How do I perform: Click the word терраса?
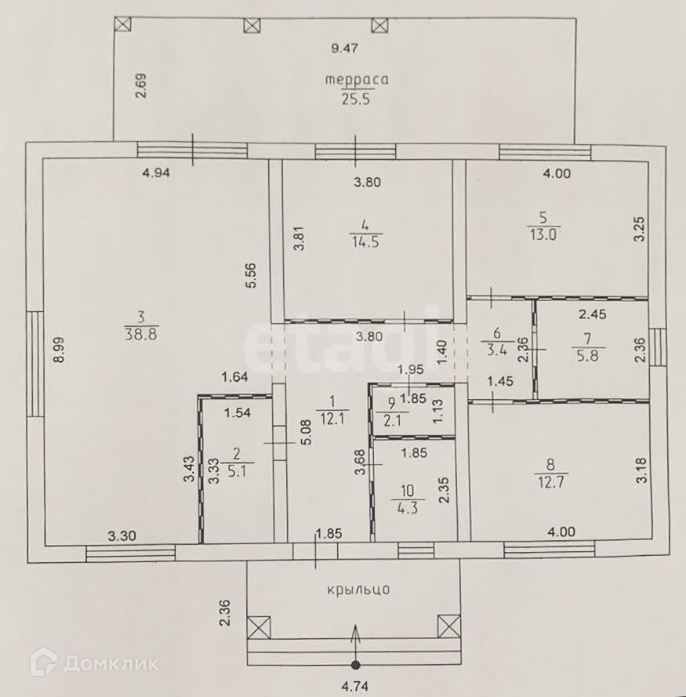click(358, 79)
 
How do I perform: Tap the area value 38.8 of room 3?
click(141, 334)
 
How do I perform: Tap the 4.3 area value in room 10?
click(408, 507)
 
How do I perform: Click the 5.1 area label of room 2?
click(234, 472)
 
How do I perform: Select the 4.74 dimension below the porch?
click(355, 688)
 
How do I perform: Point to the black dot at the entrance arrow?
click(356, 666)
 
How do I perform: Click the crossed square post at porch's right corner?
click(448, 626)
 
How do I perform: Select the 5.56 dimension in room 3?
click(250, 275)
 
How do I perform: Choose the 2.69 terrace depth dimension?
click(141, 85)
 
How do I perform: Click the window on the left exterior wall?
click(34, 363)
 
